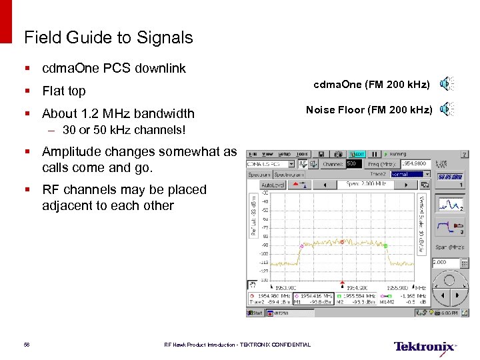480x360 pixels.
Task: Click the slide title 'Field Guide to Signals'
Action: pyautogui.click(x=108, y=37)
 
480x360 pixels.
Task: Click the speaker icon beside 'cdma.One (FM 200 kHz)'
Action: pyautogui.click(x=447, y=83)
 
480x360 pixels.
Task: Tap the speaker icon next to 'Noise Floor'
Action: pyautogui.click(x=447, y=109)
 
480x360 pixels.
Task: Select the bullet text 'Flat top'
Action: pyautogui.click(x=63, y=91)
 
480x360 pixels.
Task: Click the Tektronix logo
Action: pyautogui.click(x=424, y=346)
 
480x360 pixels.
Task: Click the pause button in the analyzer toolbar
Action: pyautogui.click(x=374, y=153)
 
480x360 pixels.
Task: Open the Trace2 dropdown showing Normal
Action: pyautogui.click(x=406, y=174)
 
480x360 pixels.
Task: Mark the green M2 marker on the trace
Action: pyautogui.click(x=385, y=246)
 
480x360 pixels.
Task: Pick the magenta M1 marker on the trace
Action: pyautogui.click(x=301, y=247)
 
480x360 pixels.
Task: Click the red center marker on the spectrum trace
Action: pyautogui.click(x=342, y=242)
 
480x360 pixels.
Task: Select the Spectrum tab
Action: pyautogui.click(x=259, y=174)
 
